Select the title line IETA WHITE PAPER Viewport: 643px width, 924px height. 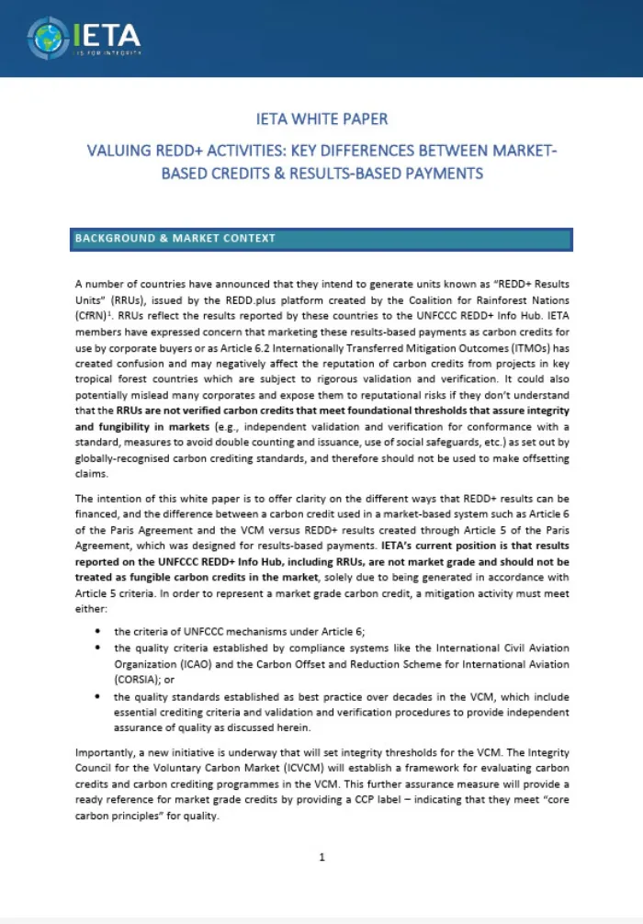click(x=321, y=118)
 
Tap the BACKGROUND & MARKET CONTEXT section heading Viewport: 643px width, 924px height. click(x=175, y=239)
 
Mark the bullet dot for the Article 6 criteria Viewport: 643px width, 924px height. click(x=97, y=632)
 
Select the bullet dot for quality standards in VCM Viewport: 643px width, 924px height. click(x=97, y=697)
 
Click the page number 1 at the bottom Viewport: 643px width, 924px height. click(x=321, y=857)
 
